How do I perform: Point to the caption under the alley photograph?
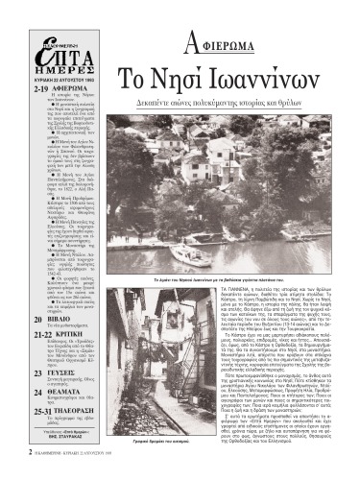pyautogui.click(x=168, y=448)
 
